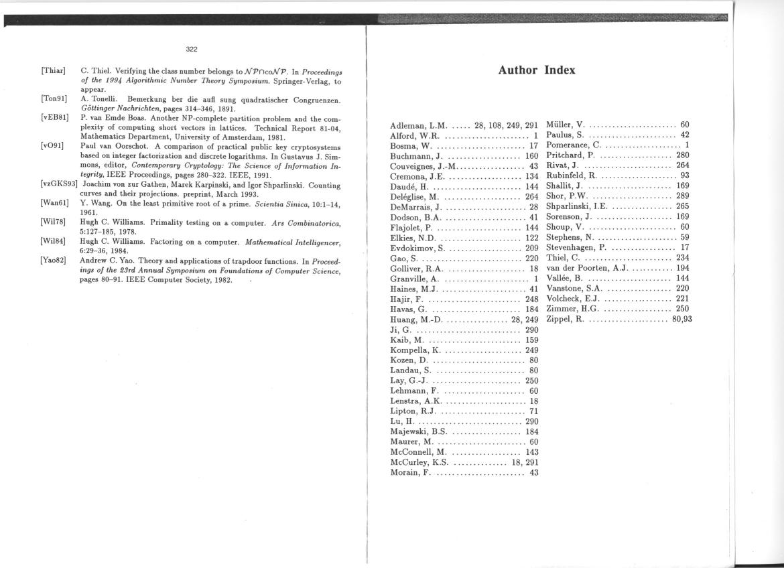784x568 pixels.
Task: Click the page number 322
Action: [x=192, y=49]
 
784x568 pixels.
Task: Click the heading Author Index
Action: [x=537, y=70]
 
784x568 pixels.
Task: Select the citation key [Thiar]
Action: [x=53, y=70]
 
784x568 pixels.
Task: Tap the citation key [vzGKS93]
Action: [x=59, y=184]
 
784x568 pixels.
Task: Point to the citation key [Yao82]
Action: [x=54, y=260]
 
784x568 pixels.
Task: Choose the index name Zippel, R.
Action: [x=566, y=319]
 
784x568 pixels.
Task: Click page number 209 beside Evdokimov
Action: [x=532, y=248]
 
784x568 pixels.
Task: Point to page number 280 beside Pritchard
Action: [x=683, y=155]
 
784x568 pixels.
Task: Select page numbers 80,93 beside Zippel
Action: [x=682, y=319]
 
